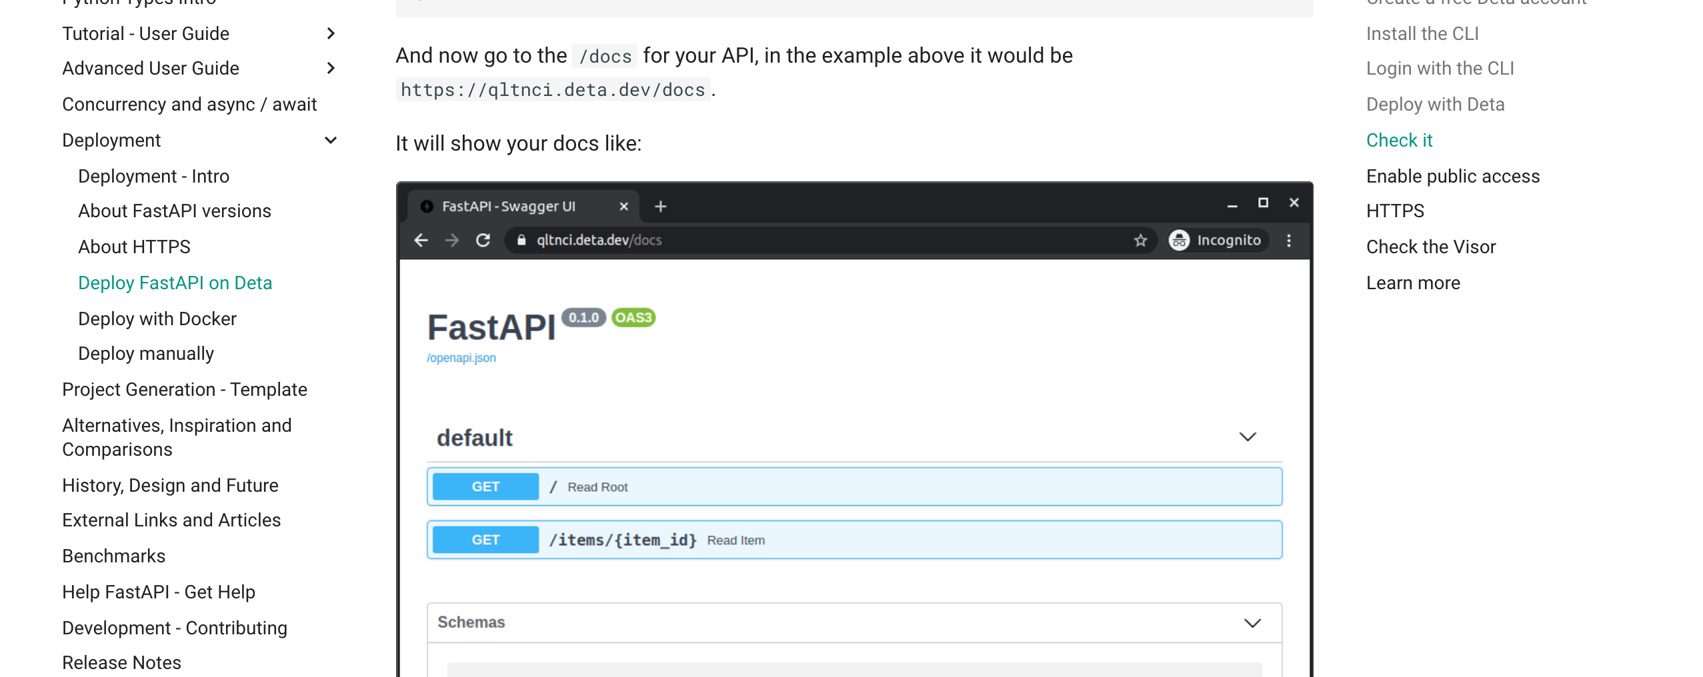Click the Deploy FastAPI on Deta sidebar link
tap(175, 283)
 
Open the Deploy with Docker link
tap(157, 319)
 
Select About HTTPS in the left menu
tap(134, 247)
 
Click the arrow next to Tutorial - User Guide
tap(331, 33)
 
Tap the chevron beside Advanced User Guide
tap(331, 68)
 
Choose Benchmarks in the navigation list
tap(113, 556)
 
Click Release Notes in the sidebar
tap(121, 662)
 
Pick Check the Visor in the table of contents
tap(1431, 247)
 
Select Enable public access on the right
tap(1453, 176)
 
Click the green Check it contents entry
tap(1399, 140)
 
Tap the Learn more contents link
tap(1413, 283)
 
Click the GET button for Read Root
tap(485, 486)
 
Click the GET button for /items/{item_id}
tap(485, 540)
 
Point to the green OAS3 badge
tap(633, 318)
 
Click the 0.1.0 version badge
tap(583, 318)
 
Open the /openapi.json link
tap(461, 358)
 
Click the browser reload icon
tap(483, 240)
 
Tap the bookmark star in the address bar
tap(1140, 240)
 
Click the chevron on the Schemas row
tap(1252, 623)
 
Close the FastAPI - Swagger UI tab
tap(623, 207)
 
